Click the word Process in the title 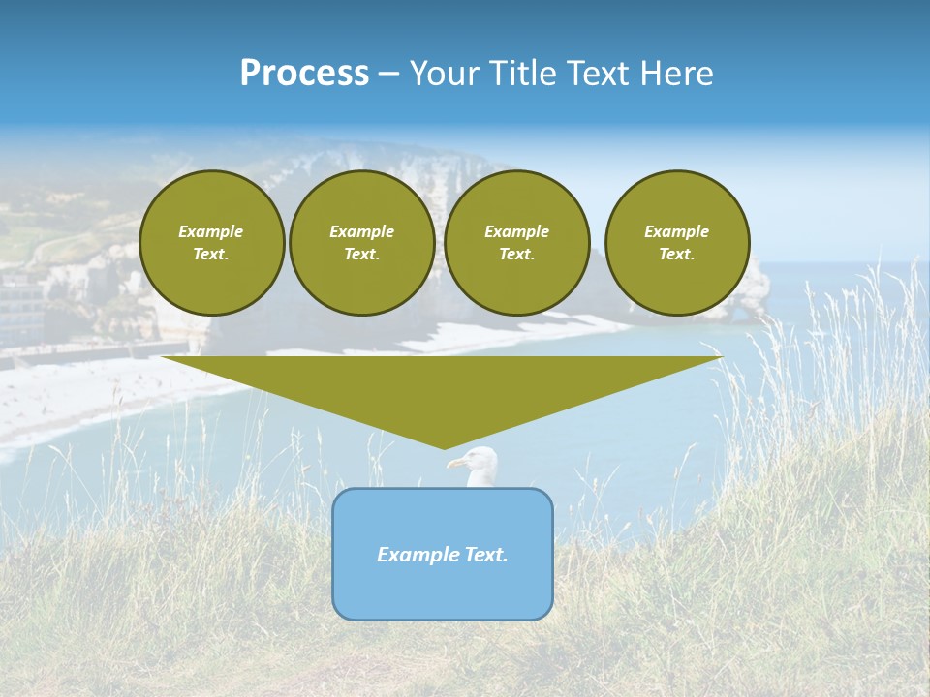[304, 74]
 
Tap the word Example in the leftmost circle [211, 231]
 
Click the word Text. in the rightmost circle [677, 255]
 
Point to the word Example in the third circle [516, 231]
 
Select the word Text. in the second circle [362, 255]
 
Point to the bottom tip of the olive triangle [444, 447]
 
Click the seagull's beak [454, 464]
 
